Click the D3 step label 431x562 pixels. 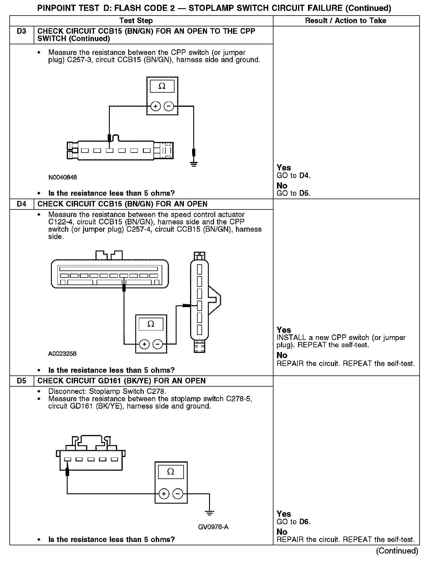[22, 31]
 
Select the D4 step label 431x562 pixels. [22, 204]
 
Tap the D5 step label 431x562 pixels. [22, 381]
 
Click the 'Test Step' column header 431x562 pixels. [136, 21]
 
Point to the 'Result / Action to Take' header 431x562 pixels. [346, 21]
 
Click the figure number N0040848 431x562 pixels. [63, 177]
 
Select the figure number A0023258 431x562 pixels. [62, 354]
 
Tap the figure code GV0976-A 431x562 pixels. [213, 527]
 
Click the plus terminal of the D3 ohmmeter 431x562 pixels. [155, 106]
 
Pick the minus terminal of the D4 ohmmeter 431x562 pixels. [158, 344]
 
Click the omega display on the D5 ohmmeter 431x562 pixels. [171, 472]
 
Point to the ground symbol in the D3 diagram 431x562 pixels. [194, 163]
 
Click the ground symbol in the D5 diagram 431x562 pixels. [209, 513]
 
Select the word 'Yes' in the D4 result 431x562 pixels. [284, 330]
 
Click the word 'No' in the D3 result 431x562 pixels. [282, 186]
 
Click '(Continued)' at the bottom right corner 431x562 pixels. [397, 551]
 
